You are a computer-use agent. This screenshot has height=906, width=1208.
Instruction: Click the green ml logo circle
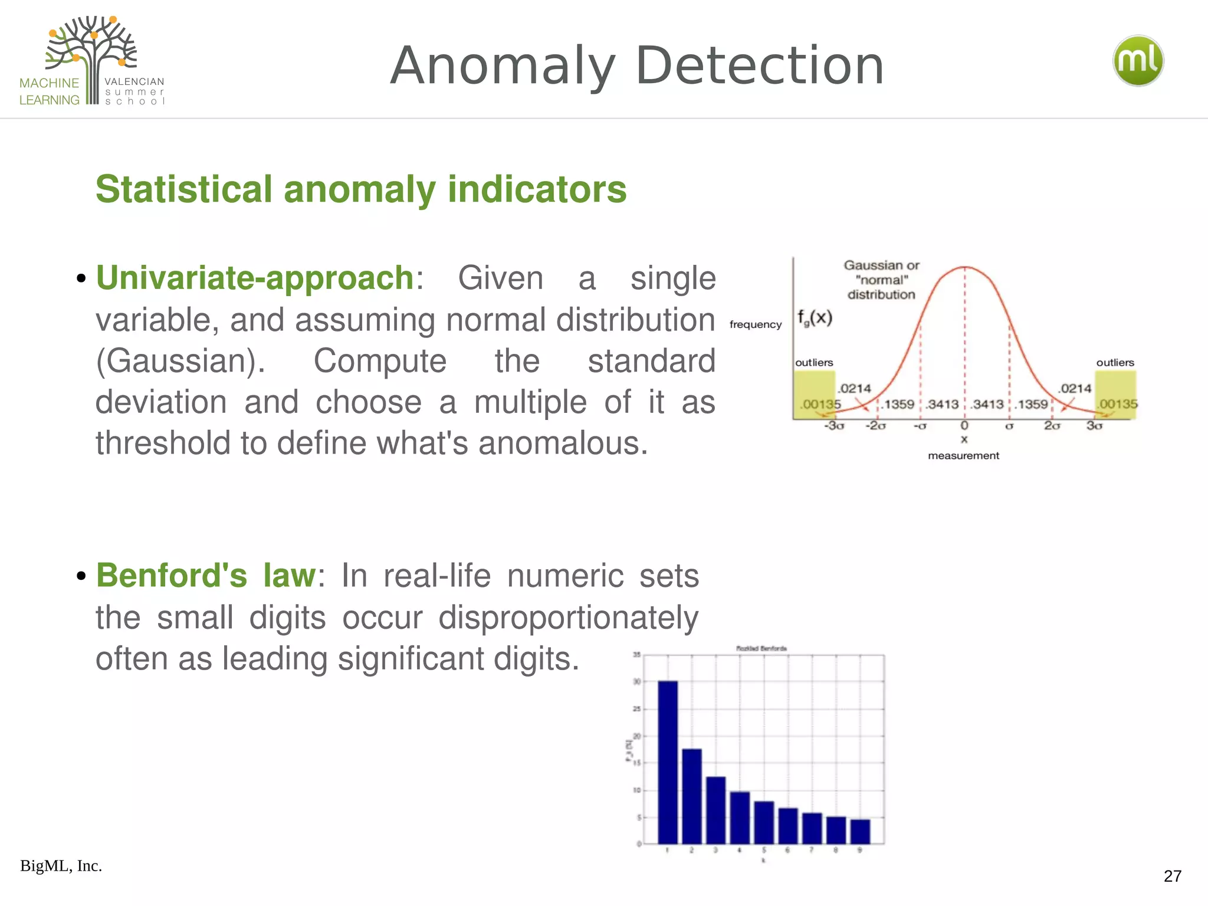(1138, 61)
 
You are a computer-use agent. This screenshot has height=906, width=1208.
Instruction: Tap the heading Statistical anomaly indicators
(361, 189)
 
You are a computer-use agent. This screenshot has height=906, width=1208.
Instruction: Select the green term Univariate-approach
(255, 278)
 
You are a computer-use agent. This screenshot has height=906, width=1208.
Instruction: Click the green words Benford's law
(206, 576)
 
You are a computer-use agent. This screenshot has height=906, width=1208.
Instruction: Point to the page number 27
(1172, 876)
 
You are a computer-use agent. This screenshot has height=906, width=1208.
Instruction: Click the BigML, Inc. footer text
(61, 866)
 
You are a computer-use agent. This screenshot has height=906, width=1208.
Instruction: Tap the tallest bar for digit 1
(667, 762)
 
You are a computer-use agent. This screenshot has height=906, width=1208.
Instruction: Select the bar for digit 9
(860, 832)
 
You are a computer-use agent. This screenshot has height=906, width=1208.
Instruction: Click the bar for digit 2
(691, 796)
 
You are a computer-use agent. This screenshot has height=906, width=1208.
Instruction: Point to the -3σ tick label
(834, 426)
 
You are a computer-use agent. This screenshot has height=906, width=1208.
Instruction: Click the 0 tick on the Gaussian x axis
(964, 425)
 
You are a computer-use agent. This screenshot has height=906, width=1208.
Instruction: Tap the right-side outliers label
(1115, 363)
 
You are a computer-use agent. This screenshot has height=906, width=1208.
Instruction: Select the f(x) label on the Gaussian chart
(815, 318)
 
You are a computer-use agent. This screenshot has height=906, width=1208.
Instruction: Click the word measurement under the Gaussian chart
(963, 456)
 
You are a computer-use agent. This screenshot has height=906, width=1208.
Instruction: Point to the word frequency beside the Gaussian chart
(755, 324)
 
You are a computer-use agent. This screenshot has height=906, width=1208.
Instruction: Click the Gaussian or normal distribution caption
(881, 280)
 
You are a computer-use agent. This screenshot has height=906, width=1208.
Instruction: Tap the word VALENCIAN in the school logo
(134, 82)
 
